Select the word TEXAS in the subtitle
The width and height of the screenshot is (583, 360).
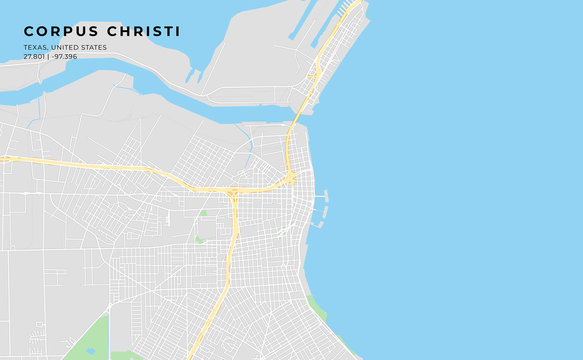(35, 47)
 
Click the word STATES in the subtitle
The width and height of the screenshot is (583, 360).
(94, 47)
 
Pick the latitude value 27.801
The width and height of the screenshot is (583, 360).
(34, 56)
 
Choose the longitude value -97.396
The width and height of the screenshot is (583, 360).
(65, 56)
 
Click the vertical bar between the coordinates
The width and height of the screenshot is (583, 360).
(49, 56)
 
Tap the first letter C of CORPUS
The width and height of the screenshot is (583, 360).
(29, 31)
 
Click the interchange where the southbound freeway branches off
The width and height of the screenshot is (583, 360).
(233, 190)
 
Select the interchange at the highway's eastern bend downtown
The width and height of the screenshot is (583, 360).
(290, 179)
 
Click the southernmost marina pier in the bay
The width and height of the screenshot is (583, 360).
(319, 224)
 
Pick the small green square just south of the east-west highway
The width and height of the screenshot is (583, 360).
(203, 213)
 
